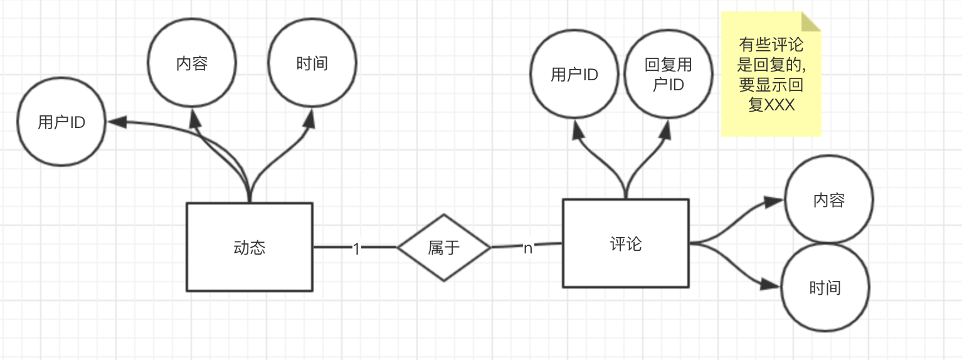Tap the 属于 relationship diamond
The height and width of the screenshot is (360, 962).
click(x=444, y=247)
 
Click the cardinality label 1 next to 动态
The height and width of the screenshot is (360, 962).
click(x=356, y=248)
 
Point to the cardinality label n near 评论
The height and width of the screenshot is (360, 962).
click(x=527, y=248)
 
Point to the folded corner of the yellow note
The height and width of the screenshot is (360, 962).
click(x=811, y=21)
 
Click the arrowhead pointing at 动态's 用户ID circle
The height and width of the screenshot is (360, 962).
click(x=117, y=122)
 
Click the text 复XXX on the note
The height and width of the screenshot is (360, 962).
click(x=771, y=105)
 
